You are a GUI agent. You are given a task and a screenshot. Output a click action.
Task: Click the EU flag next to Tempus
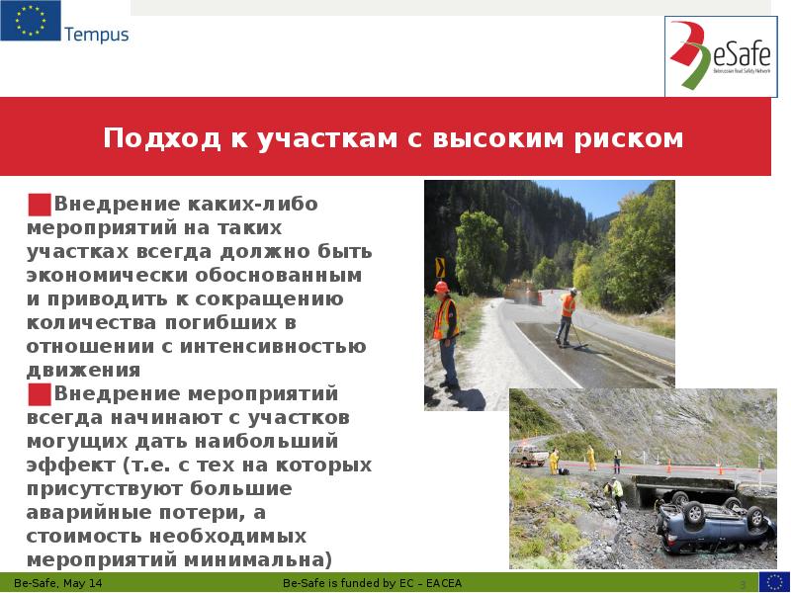(30, 21)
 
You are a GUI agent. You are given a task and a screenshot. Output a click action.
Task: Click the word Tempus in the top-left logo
(96, 35)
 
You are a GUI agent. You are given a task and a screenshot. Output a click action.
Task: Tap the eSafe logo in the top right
(719, 57)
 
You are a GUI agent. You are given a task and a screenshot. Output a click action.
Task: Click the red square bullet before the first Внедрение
(40, 205)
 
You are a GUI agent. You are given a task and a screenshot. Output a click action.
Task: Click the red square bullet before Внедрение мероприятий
(40, 394)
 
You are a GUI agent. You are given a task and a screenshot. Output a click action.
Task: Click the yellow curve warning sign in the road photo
(440, 268)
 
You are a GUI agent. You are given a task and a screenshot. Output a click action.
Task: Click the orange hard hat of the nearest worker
(442, 287)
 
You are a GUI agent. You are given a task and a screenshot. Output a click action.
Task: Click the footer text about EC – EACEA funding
(372, 584)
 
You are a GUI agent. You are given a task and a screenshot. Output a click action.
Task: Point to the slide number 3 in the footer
(742, 585)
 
